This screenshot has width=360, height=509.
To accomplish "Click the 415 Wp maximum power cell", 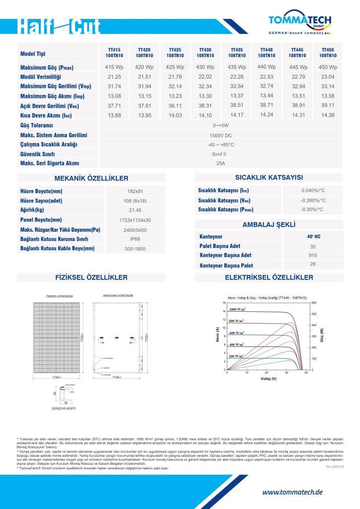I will (x=114, y=67).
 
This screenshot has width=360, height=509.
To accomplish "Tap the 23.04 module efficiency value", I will (x=328, y=77).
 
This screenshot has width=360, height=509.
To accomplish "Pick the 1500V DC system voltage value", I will (x=221, y=135).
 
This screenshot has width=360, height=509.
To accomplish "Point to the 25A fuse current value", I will (x=221, y=163).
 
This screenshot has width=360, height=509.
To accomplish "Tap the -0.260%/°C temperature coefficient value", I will (x=313, y=200).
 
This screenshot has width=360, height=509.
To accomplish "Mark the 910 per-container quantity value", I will (x=313, y=255).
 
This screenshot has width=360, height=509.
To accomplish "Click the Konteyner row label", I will (x=211, y=237).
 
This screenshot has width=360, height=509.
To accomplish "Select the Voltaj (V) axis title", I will (x=269, y=379).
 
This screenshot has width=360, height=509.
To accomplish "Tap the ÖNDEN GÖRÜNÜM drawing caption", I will (x=59, y=296).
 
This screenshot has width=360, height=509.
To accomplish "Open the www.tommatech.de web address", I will (x=292, y=492).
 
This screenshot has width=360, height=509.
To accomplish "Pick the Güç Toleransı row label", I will (x=37, y=125).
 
